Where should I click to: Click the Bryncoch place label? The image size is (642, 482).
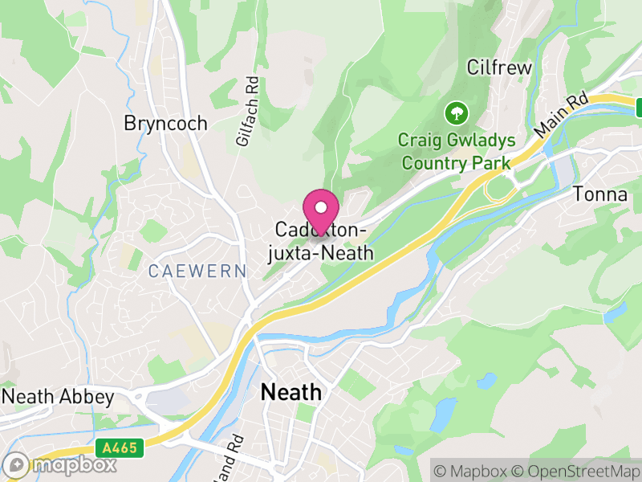165,123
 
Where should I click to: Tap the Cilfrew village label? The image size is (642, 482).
499,67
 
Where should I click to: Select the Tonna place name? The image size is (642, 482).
600,194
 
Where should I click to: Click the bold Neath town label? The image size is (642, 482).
291,393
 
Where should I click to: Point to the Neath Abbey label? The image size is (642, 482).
58,397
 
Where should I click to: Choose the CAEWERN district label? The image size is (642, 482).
197,272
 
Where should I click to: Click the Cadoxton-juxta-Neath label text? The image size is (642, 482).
319,242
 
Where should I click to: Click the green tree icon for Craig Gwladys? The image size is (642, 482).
455,111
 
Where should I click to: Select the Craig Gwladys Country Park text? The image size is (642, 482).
457,152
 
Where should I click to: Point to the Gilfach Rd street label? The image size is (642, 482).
248,111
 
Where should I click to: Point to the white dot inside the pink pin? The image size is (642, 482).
321,207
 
